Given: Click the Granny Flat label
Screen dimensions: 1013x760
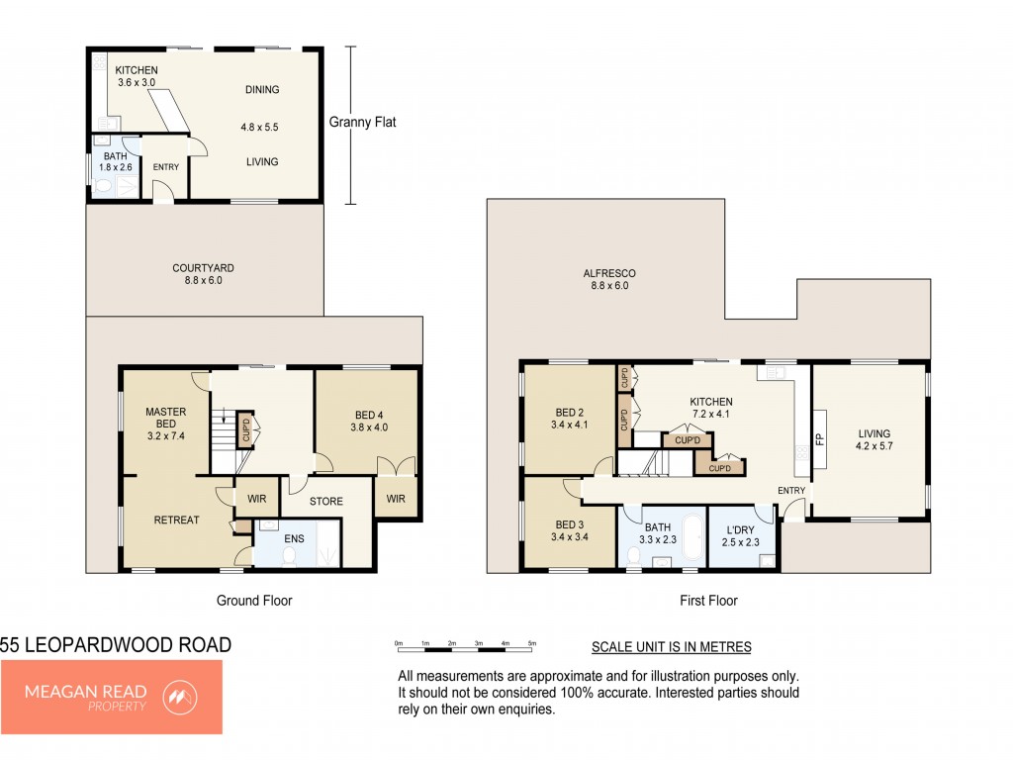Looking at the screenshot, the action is (x=362, y=122).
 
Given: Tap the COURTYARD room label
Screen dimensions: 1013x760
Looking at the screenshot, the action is (x=203, y=267).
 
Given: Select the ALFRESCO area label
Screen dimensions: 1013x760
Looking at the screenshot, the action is (x=609, y=273).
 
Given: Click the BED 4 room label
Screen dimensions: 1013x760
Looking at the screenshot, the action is (x=369, y=415).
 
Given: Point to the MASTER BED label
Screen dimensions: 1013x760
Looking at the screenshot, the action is (x=166, y=418).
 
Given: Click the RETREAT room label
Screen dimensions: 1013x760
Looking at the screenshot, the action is (x=176, y=520).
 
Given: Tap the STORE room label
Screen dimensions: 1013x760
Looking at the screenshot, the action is (x=326, y=501).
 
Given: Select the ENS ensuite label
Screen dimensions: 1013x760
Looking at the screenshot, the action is (x=294, y=538).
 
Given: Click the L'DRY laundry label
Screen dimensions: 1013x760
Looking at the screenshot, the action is (x=740, y=530).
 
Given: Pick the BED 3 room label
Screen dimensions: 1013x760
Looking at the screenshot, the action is (x=569, y=524).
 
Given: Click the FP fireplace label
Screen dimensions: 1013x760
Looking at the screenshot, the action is (x=820, y=439).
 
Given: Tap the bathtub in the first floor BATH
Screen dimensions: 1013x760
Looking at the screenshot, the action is (x=693, y=537).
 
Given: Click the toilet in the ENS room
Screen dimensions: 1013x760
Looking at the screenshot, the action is (x=290, y=556).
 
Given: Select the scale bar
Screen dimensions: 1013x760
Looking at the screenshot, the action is (x=465, y=643).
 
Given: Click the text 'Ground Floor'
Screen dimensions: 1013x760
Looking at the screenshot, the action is (x=254, y=601).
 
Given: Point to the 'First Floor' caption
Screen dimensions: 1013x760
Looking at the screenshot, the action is (x=708, y=601).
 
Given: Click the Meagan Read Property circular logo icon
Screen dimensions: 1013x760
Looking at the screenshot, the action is (x=180, y=698).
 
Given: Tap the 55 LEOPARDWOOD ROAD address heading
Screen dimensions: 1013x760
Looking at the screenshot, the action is (x=116, y=645).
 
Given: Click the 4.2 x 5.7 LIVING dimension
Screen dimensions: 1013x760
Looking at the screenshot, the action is (x=874, y=446).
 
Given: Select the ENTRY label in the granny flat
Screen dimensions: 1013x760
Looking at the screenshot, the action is (x=166, y=166).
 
